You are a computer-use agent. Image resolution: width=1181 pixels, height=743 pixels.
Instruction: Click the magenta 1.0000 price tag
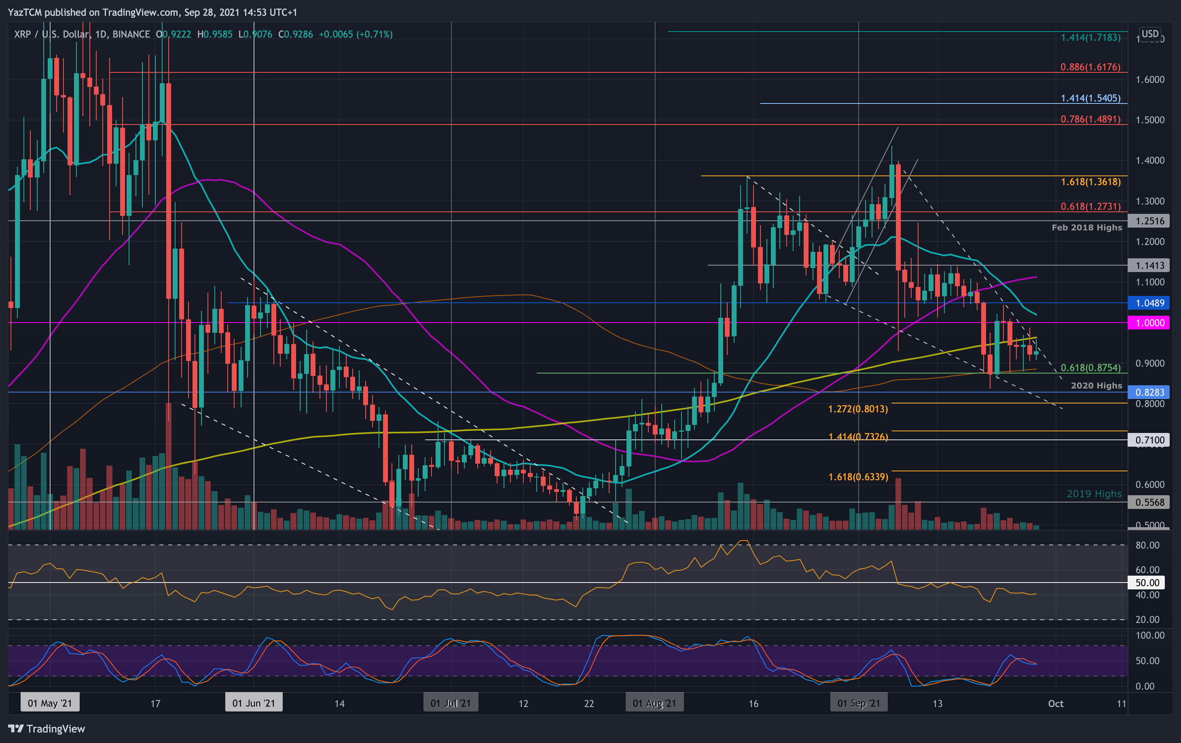1149,323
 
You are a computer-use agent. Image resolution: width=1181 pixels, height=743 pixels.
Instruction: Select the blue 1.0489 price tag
1149,303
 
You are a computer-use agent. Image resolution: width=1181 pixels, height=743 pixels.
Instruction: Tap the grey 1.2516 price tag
1149,221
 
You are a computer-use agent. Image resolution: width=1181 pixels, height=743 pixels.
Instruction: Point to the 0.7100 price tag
1149,440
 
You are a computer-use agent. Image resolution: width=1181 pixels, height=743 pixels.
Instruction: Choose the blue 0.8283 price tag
1149,392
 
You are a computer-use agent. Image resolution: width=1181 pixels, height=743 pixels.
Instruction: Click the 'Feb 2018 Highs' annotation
1086,228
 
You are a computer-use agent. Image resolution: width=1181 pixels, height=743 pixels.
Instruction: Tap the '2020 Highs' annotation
1096,386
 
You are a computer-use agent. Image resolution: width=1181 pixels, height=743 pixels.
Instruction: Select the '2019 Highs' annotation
1094,494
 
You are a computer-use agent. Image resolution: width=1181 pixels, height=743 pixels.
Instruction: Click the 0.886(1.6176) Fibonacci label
1090,67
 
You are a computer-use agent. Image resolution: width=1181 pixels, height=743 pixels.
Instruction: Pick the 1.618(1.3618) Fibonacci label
1090,182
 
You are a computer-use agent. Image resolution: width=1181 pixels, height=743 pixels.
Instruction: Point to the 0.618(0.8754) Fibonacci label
1090,367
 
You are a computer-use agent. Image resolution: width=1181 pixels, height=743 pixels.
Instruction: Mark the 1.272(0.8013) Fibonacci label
858,409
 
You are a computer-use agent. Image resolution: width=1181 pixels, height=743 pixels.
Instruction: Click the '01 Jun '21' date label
254,703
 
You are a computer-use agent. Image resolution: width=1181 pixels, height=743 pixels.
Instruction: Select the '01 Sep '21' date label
858,703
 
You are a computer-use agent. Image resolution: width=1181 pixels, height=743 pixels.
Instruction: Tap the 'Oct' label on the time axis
1056,704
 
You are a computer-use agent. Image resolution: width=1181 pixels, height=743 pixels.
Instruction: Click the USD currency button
1149,34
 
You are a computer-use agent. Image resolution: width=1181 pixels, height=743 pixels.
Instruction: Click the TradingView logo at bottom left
47,729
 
